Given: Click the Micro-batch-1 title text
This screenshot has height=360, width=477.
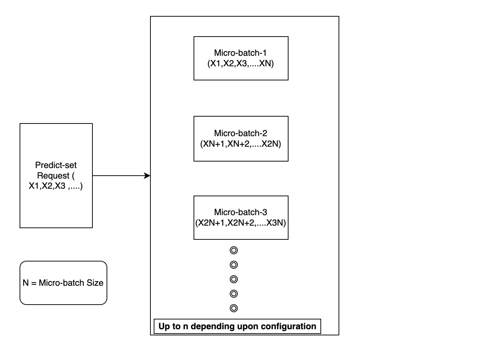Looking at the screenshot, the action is click(x=240, y=53).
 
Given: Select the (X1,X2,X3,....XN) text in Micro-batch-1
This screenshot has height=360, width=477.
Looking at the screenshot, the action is click(x=240, y=63).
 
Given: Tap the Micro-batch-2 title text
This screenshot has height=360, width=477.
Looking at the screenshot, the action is click(x=240, y=133).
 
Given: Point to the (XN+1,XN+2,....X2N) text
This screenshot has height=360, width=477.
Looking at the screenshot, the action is click(x=240, y=144).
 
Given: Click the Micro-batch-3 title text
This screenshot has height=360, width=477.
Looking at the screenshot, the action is click(x=240, y=212).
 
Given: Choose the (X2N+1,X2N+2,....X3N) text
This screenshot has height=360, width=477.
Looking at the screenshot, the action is click(x=240, y=223).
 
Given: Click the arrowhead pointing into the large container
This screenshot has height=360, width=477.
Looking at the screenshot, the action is click(x=147, y=176).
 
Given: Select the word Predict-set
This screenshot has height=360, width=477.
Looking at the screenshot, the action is click(x=56, y=165).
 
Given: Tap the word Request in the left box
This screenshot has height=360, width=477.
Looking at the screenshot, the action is click(x=53, y=176).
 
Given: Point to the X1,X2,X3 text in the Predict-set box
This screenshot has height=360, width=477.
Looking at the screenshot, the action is click(x=47, y=186).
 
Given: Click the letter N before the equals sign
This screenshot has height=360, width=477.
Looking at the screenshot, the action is click(x=26, y=283).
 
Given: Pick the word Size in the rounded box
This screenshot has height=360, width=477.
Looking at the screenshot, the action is click(x=95, y=283).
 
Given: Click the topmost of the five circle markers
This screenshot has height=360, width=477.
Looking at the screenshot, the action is click(x=234, y=250).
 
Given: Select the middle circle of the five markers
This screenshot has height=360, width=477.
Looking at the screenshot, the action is click(x=234, y=279).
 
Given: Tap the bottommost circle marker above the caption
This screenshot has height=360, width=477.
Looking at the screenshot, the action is click(x=234, y=308).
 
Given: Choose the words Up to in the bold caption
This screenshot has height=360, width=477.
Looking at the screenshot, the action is click(x=170, y=327).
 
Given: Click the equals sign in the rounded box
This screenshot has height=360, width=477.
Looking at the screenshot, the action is click(x=34, y=283).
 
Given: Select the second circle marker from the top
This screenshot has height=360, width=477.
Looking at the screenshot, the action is click(x=234, y=265).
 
